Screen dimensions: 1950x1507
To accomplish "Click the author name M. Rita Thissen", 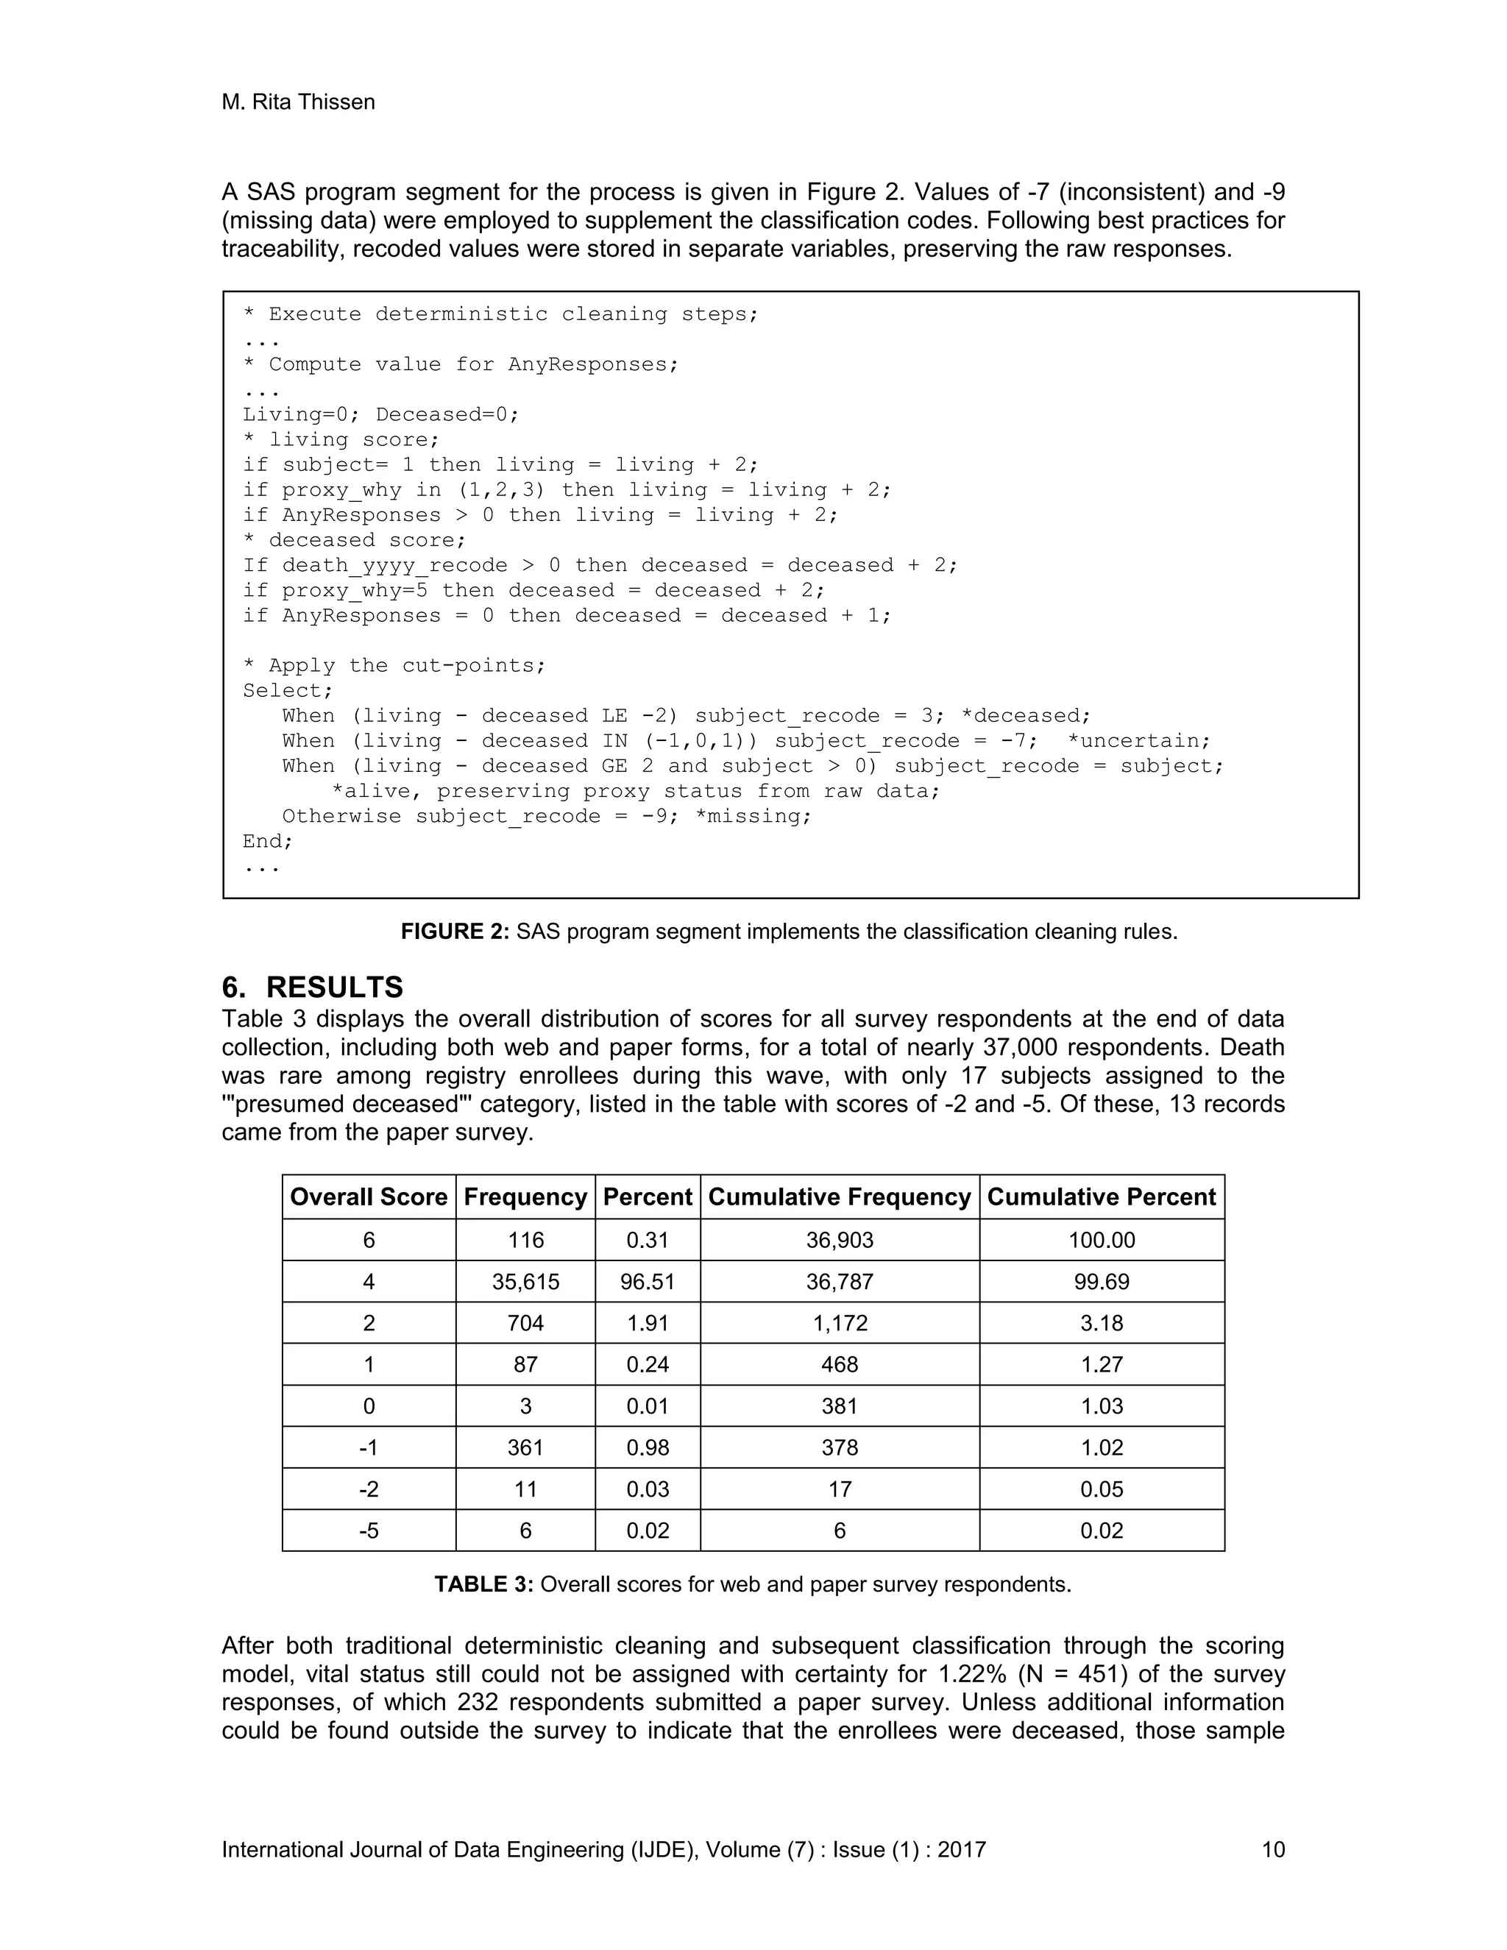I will click(298, 103).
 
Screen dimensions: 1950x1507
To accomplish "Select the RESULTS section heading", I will click(334, 987).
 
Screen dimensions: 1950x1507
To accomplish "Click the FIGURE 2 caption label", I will click(455, 932).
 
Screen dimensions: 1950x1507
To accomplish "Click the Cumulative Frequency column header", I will click(839, 1196).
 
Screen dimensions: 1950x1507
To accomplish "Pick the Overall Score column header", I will click(369, 1196).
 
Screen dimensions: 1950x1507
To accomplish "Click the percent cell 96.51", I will click(648, 1281).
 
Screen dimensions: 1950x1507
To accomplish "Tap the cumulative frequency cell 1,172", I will click(839, 1323).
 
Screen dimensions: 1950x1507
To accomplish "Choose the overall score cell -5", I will click(369, 1531).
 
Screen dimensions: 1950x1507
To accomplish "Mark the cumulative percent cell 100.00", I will click(1101, 1240).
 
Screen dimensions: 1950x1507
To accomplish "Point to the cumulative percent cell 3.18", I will click(1101, 1323).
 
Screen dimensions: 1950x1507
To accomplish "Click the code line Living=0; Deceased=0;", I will click(380, 414).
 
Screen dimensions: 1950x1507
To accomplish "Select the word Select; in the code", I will click(288, 690).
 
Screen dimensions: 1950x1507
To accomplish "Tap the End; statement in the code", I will click(268, 841).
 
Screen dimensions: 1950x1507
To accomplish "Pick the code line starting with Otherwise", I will click(547, 816).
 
